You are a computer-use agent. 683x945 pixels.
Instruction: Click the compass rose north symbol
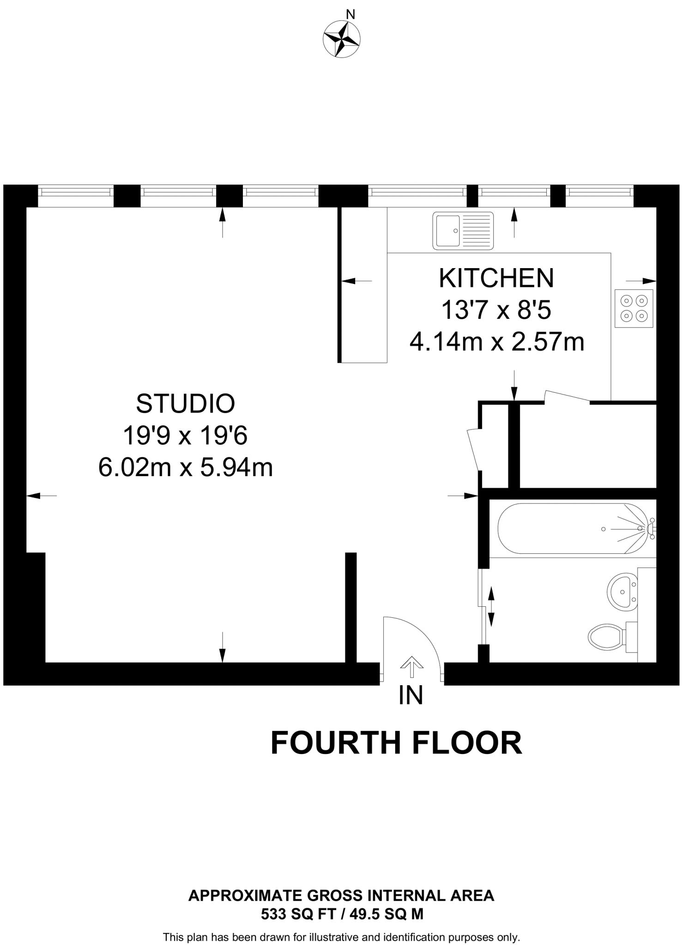[342, 39]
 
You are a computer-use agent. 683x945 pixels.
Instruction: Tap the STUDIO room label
[186, 404]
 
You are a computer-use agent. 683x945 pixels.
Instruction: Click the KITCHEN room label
[496, 278]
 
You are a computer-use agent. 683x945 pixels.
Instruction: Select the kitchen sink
[463, 230]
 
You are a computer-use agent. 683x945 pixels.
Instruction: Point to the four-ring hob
[634, 308]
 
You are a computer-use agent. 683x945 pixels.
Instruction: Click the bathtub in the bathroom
[573, 528]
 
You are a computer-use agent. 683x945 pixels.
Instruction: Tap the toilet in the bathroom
[609, 637]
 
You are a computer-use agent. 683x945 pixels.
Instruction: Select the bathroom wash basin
[622, 592]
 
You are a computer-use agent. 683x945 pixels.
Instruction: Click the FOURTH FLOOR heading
[396, 743]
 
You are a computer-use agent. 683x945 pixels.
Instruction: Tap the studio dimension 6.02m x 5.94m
[186, 467]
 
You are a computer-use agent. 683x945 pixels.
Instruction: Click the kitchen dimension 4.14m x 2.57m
[496, 342]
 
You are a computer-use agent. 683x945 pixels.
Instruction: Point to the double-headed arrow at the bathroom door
[490, 606]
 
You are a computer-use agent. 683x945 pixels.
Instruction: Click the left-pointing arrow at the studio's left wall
[42, 496]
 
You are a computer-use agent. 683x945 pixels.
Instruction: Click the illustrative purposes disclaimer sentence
[341, 937]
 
